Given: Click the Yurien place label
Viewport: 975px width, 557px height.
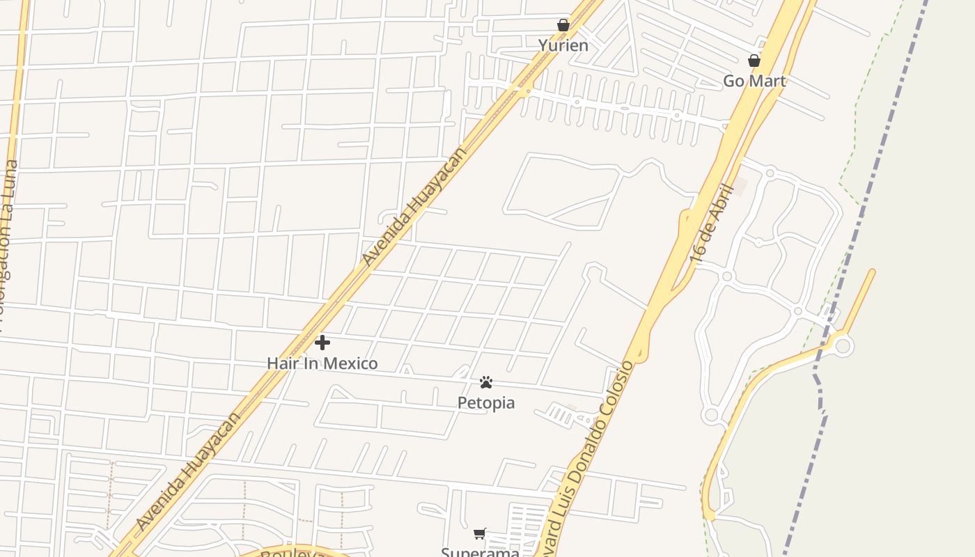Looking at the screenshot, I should (x=563, y=46).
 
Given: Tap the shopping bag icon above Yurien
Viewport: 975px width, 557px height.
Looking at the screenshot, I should (x=563, y=26).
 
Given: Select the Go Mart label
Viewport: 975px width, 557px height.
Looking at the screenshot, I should (x=754, y=81).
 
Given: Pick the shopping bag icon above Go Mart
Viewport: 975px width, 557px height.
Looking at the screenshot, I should (x=754, y=61).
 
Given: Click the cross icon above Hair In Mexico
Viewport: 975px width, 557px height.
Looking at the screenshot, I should (x=322, y=342).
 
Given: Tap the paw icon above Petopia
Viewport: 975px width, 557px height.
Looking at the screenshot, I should (x=486, y=382).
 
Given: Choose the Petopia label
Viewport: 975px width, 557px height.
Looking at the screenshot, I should (x=486, y=402).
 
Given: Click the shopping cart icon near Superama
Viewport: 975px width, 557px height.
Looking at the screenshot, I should (x=480, y=534).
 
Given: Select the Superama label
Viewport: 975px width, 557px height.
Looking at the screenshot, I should (x=480, y=552).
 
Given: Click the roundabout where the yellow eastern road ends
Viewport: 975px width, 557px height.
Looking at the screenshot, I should (x=843, y=345).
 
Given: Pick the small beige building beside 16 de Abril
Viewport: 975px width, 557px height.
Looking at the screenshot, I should (x=739, y=187).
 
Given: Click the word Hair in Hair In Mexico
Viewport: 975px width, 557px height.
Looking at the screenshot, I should (x=281, y=363).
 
